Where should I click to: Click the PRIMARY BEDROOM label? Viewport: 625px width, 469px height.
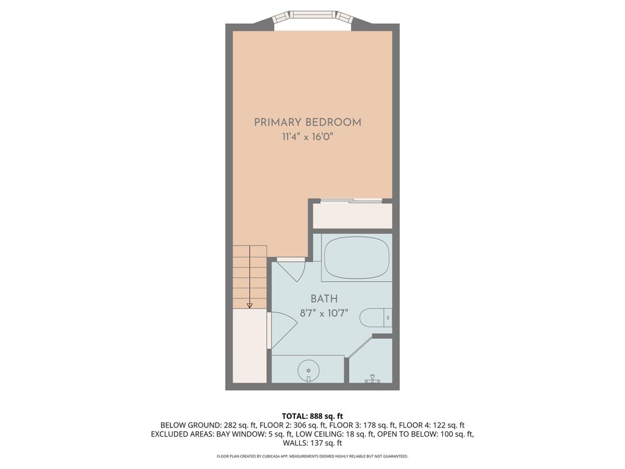coord(308,122)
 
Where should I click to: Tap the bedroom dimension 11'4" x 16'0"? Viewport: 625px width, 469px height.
coord(308,137)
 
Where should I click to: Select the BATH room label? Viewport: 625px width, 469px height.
coord(324,299)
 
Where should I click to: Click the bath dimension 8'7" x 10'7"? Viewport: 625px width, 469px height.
coord(324,314)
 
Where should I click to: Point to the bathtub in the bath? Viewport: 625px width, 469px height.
coord(356,257)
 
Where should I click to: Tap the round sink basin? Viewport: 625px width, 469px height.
coord(309,369)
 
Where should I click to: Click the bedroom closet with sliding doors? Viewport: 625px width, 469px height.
coord(352,215)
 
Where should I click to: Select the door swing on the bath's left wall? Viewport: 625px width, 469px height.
coord(282,330)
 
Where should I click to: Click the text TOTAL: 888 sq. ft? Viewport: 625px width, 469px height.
coord(312,416)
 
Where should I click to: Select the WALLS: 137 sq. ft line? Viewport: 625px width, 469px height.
coord(312,443)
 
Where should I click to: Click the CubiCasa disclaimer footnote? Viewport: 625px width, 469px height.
coord(312,456)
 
